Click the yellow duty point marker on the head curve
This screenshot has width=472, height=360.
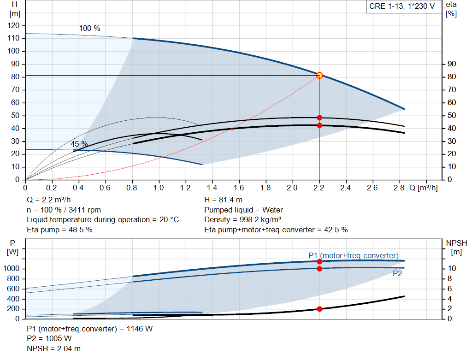pyautogui.click(x=319, y=75)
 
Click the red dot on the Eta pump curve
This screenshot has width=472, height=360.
pyautogui.click(x=319, y=118)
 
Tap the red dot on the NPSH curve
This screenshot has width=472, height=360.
pyautogui.click(x=319, y=309)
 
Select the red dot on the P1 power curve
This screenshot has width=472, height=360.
pyautogui.click(x=319, y=261)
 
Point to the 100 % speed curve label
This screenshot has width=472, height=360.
pyautogui.click(x=89, y=29)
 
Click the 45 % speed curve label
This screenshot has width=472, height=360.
pyautogui.click(x=79, y=144)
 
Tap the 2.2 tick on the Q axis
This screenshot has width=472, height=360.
pyautogui.click(x=319, y=188)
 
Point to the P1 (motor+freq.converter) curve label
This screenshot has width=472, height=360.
pyautogui.click(x=354, y=255)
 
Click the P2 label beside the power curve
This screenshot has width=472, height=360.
pyautogui.click(x=397, y=274)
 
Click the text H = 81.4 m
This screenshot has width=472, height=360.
pyautogui.click(x=223, y=200)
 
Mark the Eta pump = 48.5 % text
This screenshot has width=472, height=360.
pyautogui.click(x=59, y=230)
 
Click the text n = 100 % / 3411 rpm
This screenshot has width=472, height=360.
pyautogui.click(x=64, y=210)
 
